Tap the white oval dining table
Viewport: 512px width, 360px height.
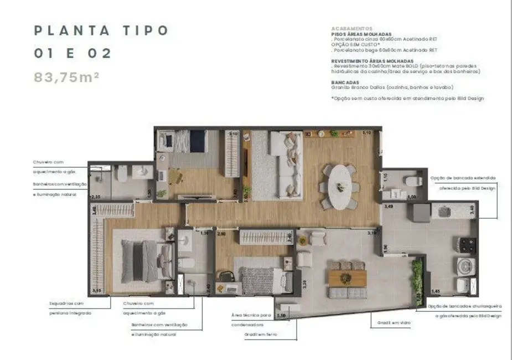339,186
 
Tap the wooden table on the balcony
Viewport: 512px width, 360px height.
348,277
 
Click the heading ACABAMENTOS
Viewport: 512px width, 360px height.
351,28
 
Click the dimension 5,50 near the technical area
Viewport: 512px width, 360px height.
281,315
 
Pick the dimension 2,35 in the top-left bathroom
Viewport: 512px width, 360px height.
95,196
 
